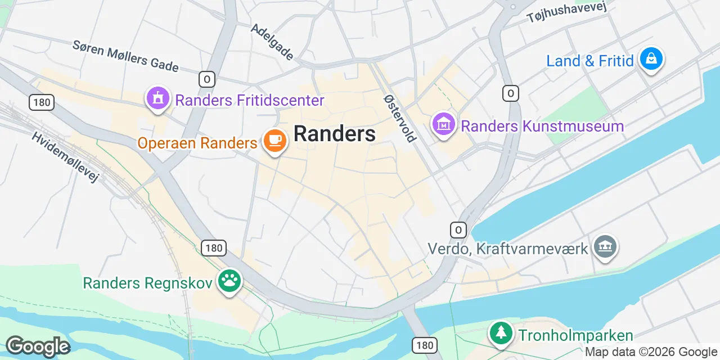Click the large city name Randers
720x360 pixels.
pos(335,134)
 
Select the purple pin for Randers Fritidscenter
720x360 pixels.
pos(158,98)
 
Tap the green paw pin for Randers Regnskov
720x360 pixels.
pos(229,281)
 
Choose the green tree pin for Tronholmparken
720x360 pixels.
pos(500,333)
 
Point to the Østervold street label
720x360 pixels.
pos(399,118)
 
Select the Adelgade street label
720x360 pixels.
pos(272,42)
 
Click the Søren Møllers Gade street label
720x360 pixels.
pos(125,55)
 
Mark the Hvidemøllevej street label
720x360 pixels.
pos(65,157)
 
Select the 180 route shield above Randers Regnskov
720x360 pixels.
pos(214,247)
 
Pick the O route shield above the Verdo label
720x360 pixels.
pos(458,229)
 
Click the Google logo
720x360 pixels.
pos(38,347)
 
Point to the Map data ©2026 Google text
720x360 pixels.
pos(651,352)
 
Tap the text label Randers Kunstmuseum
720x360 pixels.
pos(542,126)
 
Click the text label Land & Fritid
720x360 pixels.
pos(590,61)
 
